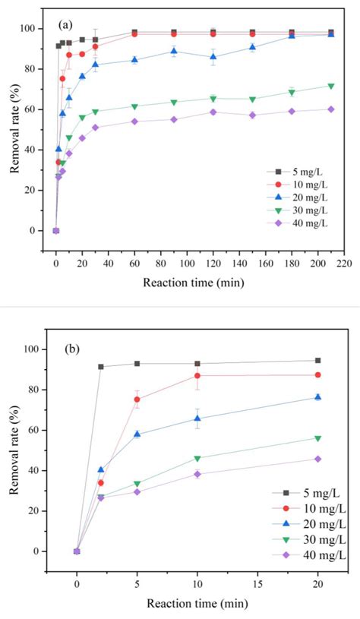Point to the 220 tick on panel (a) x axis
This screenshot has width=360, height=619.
(344, 263)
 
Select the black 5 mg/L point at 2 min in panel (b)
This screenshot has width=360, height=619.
(101, 367)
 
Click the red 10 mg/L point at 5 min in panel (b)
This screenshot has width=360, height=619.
(137, 400)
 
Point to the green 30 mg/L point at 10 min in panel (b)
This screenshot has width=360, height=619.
(197, 458)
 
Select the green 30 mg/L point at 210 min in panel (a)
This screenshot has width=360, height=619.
(330, 86)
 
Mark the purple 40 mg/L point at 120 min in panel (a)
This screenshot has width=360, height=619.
(213, 112)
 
